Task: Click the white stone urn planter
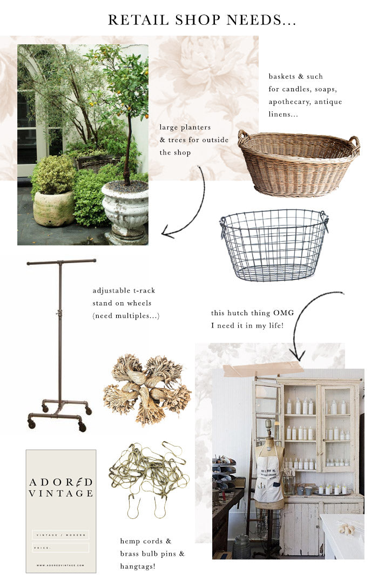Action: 125,208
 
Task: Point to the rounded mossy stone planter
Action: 53,208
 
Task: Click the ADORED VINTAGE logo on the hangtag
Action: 60,487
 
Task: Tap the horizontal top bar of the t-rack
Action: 61,262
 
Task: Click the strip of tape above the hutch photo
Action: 263,370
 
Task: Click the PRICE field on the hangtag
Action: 60,547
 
